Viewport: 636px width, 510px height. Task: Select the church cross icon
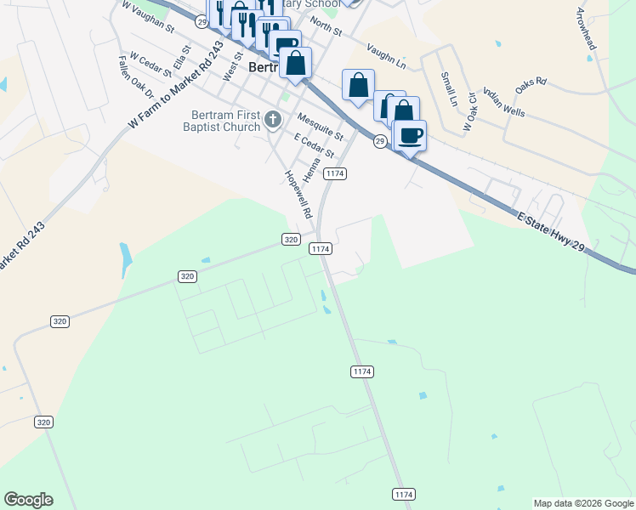coord(273,119)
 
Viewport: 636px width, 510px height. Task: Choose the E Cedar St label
coord(314,144)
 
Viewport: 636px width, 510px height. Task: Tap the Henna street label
coord(319,161)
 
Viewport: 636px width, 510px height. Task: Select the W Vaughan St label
coord(147,17)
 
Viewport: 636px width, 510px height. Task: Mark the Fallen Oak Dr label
coord(136,77)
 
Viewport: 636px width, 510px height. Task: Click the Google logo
coord(28,500)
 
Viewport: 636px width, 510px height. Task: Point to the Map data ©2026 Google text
coord(583,503)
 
